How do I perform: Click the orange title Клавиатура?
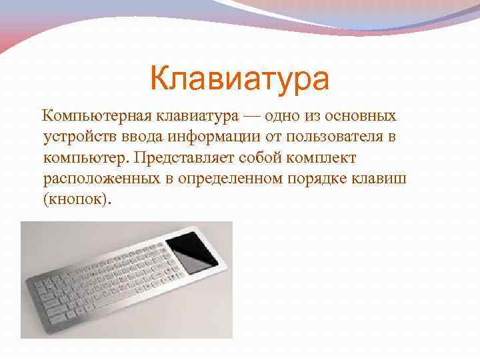[239, 79]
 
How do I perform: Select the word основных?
[360, 117]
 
